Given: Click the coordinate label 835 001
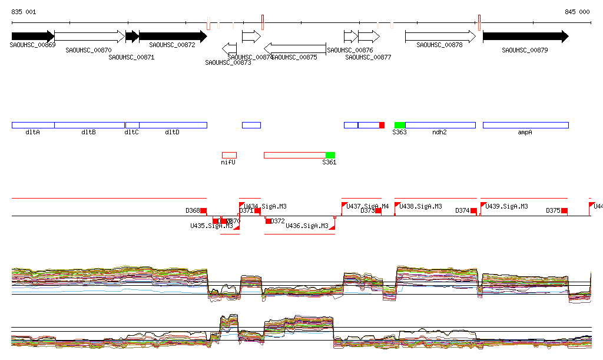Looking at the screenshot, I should click(24, 12).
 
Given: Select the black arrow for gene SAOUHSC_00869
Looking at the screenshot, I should click(33, 37).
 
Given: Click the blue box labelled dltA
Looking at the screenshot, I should click(33, 125).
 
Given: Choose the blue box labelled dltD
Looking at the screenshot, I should click(173, 125).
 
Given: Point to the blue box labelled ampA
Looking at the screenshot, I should click(525, 125).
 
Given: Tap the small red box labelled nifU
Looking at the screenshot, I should click(229, 155).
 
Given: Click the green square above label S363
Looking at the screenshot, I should click(400, 125).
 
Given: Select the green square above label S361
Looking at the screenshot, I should click(330, 155).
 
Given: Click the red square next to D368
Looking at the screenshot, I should click(204, 210).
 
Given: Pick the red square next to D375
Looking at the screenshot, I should click(564, 210).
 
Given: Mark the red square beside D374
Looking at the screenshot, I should click(473, 210).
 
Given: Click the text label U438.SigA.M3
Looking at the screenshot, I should click(420, 206).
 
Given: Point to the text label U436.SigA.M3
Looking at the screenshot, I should click(307, 226).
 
